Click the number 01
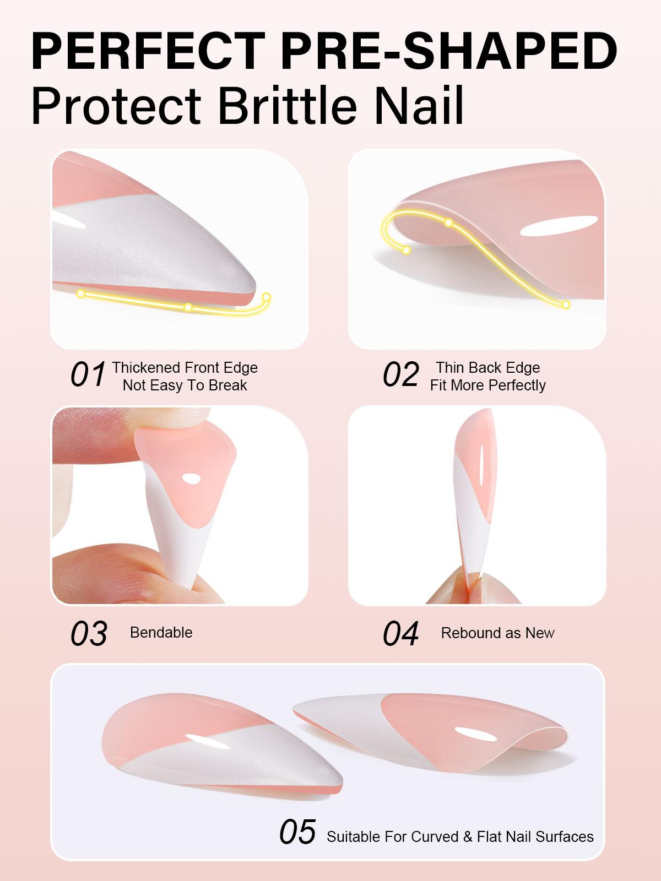pos(88,375)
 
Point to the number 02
pos(400,375)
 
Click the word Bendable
pos(161,633)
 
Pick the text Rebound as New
pos(497,633)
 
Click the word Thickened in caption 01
pos(145,368)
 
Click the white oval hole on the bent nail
pos(191,480)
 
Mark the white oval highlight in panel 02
pos(559,227)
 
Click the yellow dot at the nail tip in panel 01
pos(267,297)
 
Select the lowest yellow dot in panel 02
pos(566,304)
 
